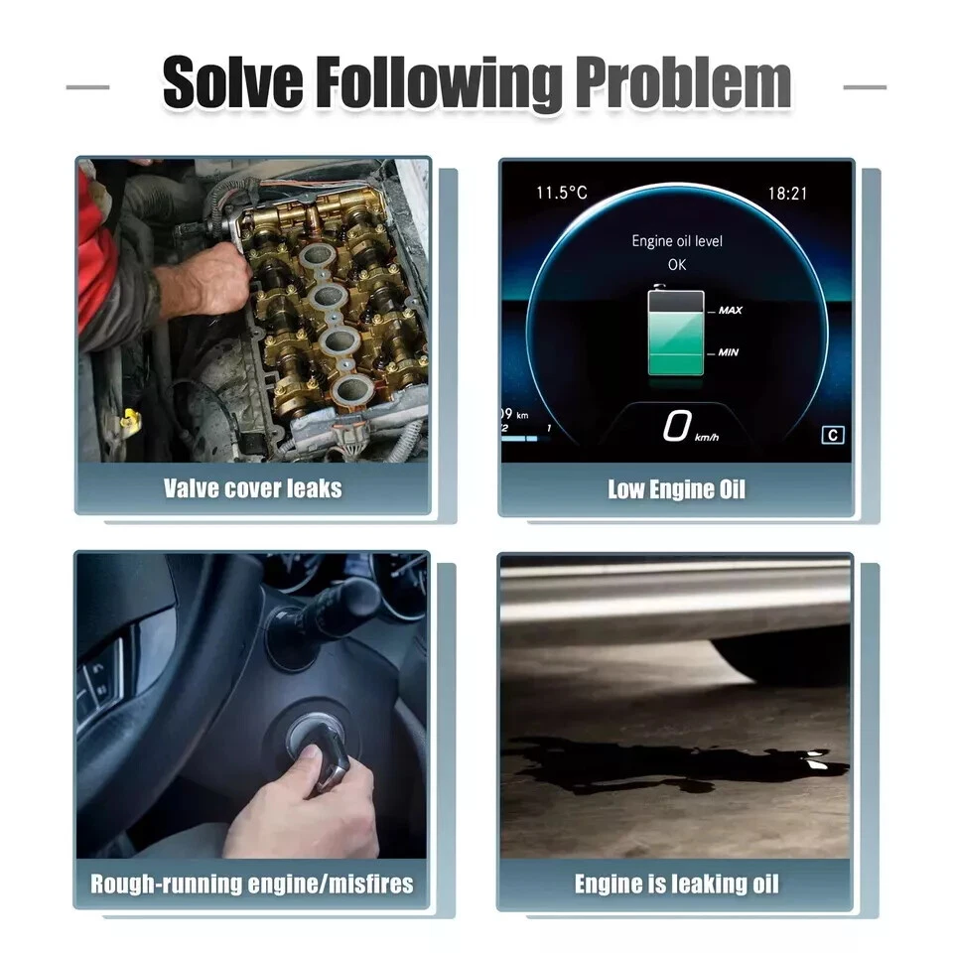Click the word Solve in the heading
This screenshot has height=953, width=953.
pos(232,82)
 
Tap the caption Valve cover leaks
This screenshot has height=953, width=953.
pos(253,488)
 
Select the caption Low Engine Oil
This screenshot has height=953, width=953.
pos(676,489)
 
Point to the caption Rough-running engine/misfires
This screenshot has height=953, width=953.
pos(252,884)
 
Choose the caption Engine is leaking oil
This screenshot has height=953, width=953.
pos(676,885)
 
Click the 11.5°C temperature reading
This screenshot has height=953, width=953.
pos(562,194)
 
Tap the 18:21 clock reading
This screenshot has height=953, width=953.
pos(787,194)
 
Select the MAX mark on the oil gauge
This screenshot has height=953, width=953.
pos(730,311)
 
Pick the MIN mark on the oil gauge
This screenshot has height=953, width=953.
pos(728,352)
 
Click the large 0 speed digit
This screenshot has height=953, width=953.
pos(677,425)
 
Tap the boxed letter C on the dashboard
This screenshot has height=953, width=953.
pos(833,435)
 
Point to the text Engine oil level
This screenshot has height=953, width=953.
pos(677,241)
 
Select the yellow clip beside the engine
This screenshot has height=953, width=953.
pos(131,419)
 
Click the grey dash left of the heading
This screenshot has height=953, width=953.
pos(87,87)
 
